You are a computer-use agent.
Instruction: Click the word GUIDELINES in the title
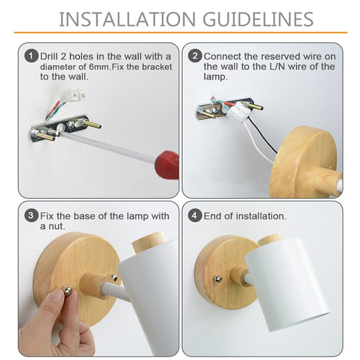[x=258, y=19]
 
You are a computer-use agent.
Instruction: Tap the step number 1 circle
[x=31, y=56]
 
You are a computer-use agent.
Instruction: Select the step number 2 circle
[x=195, y=56]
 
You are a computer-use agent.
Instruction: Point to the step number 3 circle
[x=31, y=215]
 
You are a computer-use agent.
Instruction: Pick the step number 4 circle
[x=194, y=215]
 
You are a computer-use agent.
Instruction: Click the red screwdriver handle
[x=167, y=164]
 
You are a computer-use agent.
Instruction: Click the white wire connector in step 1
[x=73, y=95]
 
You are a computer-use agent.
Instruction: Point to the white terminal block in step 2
[x=238, y=112]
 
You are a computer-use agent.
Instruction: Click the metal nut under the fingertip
[x=68, y=290]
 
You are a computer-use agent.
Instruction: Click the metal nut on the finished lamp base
[x=217, y=279]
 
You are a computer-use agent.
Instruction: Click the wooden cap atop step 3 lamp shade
[x=149, y=242]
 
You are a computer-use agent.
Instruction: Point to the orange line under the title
[x=181, y=32]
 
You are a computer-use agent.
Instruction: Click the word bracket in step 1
[x=157, y=67]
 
